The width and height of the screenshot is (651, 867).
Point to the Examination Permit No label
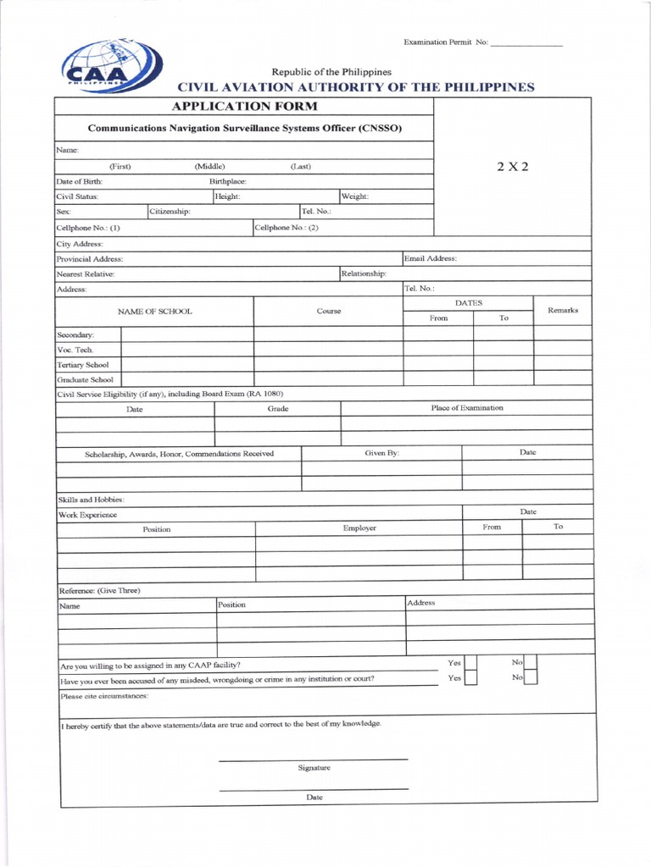445,42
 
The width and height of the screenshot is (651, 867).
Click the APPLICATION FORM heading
245,107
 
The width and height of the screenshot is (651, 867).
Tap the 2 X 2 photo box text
512,166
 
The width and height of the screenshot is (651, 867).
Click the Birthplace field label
228,181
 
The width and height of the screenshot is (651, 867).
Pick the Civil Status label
77,196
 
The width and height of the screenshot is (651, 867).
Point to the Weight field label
354,196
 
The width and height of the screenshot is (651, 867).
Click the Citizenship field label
170,211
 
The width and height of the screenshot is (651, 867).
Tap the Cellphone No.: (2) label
287,227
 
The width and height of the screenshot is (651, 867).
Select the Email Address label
431,258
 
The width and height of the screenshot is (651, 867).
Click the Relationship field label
364,273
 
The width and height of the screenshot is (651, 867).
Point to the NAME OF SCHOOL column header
154,312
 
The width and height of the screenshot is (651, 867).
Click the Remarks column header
563,311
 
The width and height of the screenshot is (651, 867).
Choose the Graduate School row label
85,380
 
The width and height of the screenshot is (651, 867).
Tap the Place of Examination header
466,408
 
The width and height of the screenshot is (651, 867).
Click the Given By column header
381,454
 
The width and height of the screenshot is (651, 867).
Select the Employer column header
359,528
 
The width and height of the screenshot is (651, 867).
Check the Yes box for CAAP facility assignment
472,664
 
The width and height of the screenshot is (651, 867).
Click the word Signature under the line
314,768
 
